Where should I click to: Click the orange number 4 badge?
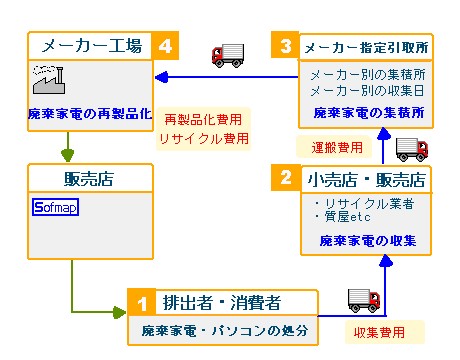pos(164,46)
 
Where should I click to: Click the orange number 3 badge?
pos(285,46)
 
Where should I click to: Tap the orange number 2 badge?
pos(286,180)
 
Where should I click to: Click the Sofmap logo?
pos(56,209)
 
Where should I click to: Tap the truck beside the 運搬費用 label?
pos(411,149)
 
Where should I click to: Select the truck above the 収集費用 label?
pos(363,298)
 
